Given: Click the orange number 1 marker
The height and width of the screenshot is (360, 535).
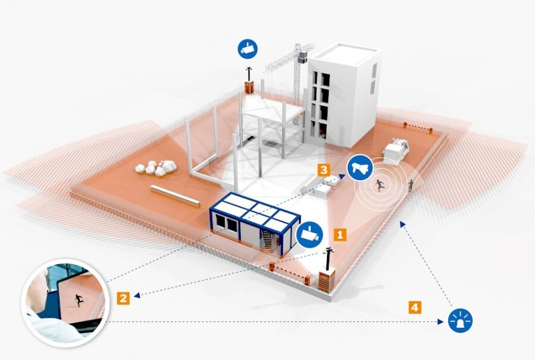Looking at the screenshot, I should pos(340,234).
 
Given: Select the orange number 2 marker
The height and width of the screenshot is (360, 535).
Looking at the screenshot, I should pos(122,297).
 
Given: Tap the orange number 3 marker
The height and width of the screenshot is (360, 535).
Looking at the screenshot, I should pos(323,170).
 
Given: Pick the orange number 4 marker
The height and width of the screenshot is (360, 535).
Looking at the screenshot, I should pos(415,307).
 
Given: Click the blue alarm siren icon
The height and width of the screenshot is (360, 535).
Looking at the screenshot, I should pos(461,321).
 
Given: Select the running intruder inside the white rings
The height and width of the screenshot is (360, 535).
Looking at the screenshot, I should pos(380,185).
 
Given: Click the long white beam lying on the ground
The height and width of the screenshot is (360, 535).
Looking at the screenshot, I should pos(176,195).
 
